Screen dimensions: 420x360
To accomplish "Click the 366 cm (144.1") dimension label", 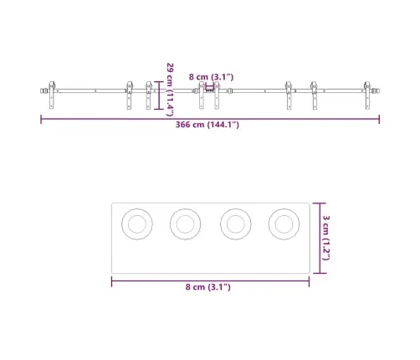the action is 207,125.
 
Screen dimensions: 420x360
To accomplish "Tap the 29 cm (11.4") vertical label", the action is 170,90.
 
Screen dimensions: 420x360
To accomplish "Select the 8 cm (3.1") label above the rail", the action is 211,77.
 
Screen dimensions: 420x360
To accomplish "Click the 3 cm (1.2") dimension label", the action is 326,238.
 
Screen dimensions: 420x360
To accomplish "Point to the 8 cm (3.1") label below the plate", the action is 208,287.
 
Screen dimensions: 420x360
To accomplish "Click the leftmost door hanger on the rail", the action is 52,95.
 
